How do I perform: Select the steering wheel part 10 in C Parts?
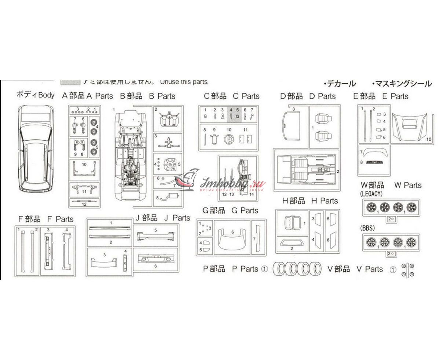point(229,139)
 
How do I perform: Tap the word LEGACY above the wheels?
point(371,194)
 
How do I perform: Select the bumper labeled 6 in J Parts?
point(155,261)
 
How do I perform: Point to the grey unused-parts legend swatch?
point(70,82)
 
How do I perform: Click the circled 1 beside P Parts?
point(265,269)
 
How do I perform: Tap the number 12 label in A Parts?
point(84,204)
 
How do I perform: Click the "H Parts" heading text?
point(324,201)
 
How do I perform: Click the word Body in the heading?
point(46,95)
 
